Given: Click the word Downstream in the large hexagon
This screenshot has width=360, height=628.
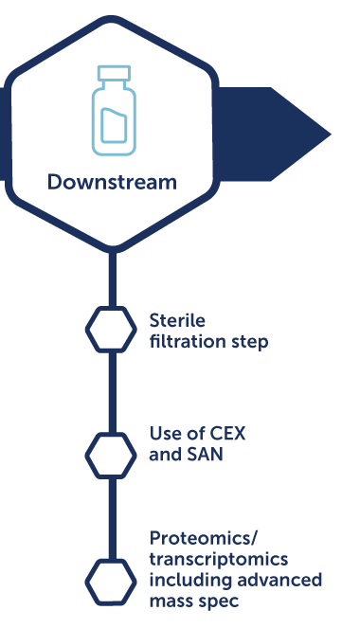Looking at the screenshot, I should [112, 182].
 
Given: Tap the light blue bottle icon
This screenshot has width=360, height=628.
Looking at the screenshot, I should [112, 110].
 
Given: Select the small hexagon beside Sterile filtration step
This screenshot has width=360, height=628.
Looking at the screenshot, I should [111, 329].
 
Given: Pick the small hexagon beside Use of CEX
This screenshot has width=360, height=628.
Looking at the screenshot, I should [111, 453].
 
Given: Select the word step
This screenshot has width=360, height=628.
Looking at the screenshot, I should [246, 340].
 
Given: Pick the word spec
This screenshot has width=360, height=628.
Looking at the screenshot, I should [218, 599].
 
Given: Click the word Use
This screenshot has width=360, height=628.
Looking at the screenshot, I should [165, 435].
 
